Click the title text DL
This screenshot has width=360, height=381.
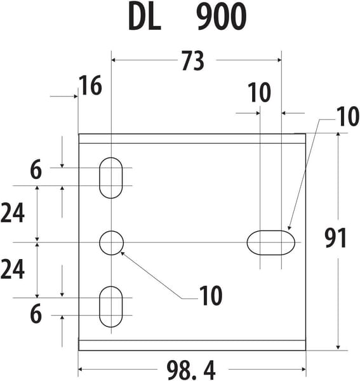click(144, 17)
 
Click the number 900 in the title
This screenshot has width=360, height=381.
click(222, 17)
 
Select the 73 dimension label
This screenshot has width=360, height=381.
click(193, 60)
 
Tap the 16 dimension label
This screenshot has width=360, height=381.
click(90, 85)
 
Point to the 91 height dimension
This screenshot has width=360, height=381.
click(335, 238)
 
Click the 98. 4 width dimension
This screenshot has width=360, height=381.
click(191, 370)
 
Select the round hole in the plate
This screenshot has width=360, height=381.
click(111, 243)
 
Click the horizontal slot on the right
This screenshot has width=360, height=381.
click(271, 243)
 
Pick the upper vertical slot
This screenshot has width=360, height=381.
click(110, 178)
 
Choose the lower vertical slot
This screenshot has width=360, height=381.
click(110, 307)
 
